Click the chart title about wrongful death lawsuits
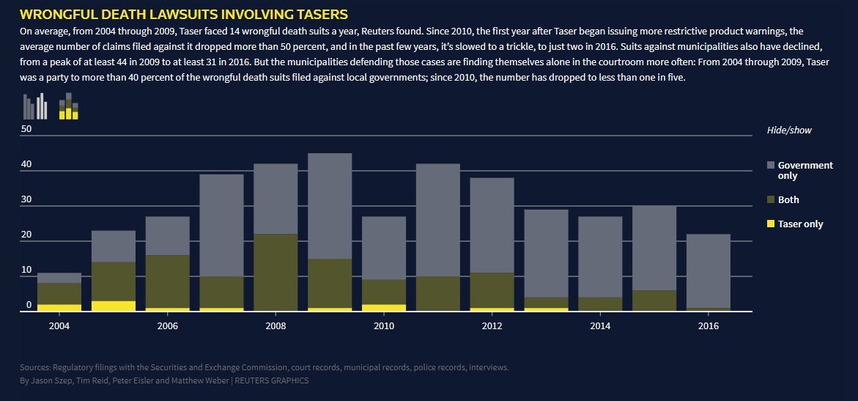click(183, 14)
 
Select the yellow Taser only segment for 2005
click(114, 306)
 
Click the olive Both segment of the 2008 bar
click(276, 272)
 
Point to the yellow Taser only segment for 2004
click(59, 308)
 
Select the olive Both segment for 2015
click(654, 301)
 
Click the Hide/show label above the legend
click(789, 130)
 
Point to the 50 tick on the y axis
click(26, 129)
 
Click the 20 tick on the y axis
click(26, 235)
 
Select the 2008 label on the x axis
click(276, 325)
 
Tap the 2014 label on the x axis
click(600, 325)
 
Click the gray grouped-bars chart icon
click(35, 106)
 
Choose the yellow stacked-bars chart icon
click(68, 106)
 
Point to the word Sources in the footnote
click(36, 367)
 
